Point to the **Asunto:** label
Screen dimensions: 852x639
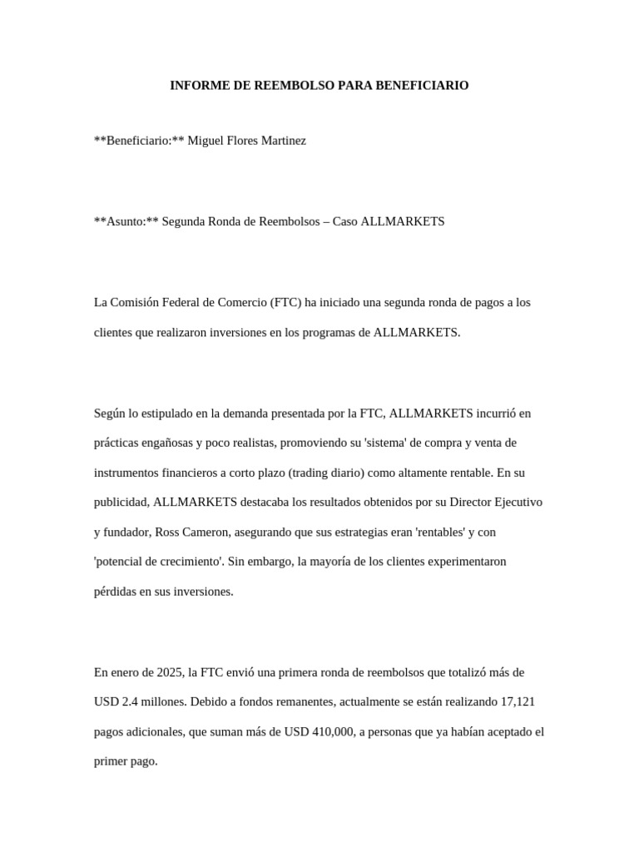pos(126,221)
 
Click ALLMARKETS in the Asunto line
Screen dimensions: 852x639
pos(404,221)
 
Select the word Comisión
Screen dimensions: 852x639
pos(136,302)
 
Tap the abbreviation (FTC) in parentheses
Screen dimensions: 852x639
pos(285,302)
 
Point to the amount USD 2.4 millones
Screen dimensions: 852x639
pos(141,701)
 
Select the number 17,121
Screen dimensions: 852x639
pos(516,701)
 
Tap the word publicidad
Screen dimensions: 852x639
pos(121,503)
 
